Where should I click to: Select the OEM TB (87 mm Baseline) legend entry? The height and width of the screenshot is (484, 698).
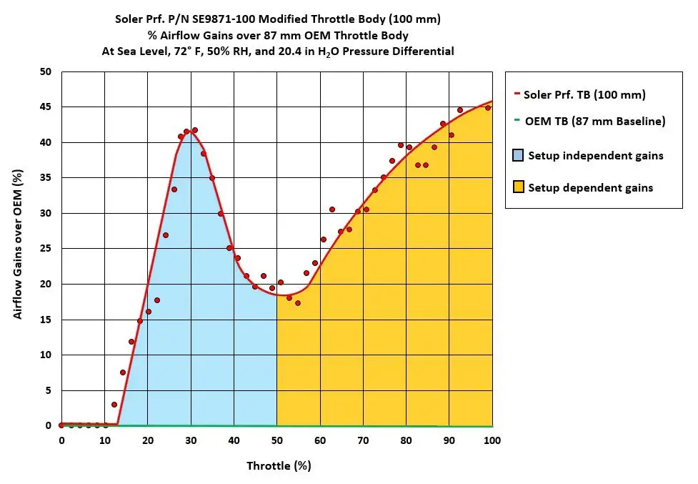pos(590,122)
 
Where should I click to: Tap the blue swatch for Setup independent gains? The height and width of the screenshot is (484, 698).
pos(517,155)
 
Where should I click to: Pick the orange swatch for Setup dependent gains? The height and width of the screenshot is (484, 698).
pos(517,187)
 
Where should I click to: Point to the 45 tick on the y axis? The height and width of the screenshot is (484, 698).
pos(46,107)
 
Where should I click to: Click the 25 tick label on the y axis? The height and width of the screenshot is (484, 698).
pos(46,249)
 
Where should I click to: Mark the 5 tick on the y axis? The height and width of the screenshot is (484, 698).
pos(49,390)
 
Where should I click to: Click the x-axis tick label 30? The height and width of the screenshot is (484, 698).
pos(191,440)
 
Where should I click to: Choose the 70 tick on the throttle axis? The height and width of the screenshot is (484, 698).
pos(363,440)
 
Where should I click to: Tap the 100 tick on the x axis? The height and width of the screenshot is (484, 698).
pos(492,440)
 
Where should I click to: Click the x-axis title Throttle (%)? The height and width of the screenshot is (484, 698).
pos(279,466)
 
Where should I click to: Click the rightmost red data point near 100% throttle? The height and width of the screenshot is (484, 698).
pos(488,108)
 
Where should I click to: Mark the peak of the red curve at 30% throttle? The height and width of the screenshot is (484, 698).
pos(191,133)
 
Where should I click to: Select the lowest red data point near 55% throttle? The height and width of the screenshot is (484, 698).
pos(298,303)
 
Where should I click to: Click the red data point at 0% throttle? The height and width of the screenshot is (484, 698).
pos(61,425)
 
